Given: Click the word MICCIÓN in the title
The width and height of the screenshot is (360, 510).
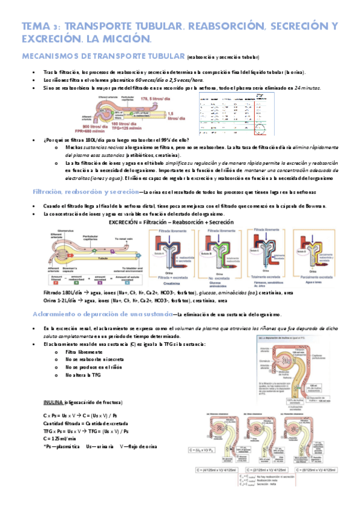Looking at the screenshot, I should point(123,39).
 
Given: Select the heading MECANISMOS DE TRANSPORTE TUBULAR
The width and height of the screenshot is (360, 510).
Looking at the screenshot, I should point(103,57).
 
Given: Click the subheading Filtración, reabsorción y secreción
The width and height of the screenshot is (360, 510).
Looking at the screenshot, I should point(84,192).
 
